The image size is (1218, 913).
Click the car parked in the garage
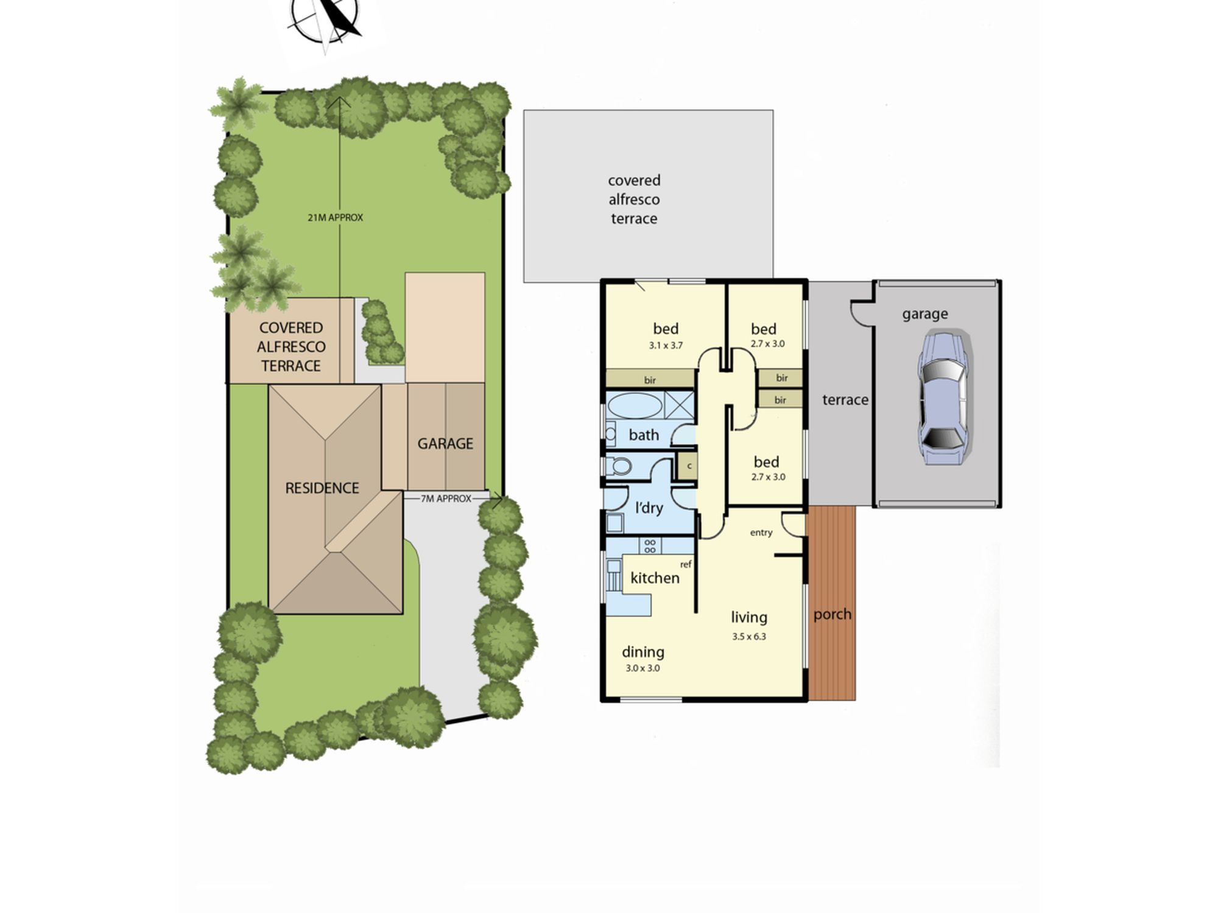[x=942, y=398]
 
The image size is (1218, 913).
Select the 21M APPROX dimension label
[x=336, y=217]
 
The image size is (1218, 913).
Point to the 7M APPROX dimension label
[x=446, y=498]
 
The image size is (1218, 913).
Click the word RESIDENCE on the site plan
[x=322, y=488]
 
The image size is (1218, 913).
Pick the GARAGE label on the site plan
[x=445, y=444]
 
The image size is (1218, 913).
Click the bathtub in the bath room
[x=635, y=406]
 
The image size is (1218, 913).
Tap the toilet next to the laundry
[x=618, y=467]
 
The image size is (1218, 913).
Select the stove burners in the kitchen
[x=650, y=545]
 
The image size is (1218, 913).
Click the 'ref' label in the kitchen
[x=686, y=565]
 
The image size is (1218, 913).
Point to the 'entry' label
[x=761, y=533]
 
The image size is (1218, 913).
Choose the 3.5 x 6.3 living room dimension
[x=749, y=637]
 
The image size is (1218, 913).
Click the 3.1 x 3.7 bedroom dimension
[x=666, y=345]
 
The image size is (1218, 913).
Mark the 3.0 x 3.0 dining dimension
[x=643, y=668]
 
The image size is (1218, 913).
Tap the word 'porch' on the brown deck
[x=833, y=615]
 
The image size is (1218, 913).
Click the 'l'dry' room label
[x=649, y=508]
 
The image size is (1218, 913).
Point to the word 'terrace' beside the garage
[x=845, y=400]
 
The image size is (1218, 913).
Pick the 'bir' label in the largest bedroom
[x=650, y=380]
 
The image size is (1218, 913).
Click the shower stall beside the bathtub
[x=678, y=405]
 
